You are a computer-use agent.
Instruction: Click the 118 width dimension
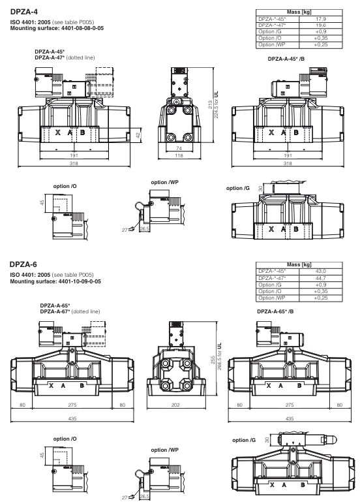173,157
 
